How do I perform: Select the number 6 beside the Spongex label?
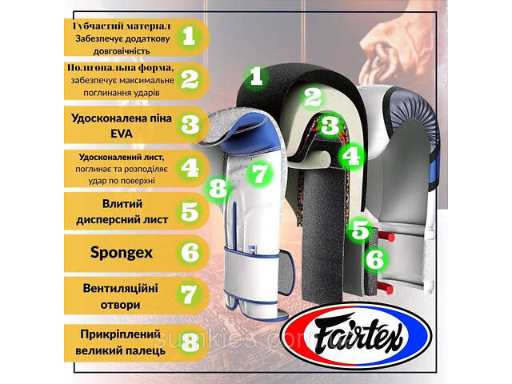190,253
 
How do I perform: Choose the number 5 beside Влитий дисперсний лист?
190,211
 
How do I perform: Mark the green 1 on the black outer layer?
256,77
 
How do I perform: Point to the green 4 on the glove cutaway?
350,154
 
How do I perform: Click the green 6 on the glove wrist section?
374,258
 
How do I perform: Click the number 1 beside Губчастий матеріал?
190,35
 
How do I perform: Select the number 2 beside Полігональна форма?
190,79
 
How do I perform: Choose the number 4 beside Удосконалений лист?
190,167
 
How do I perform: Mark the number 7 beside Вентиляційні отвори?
190,293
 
